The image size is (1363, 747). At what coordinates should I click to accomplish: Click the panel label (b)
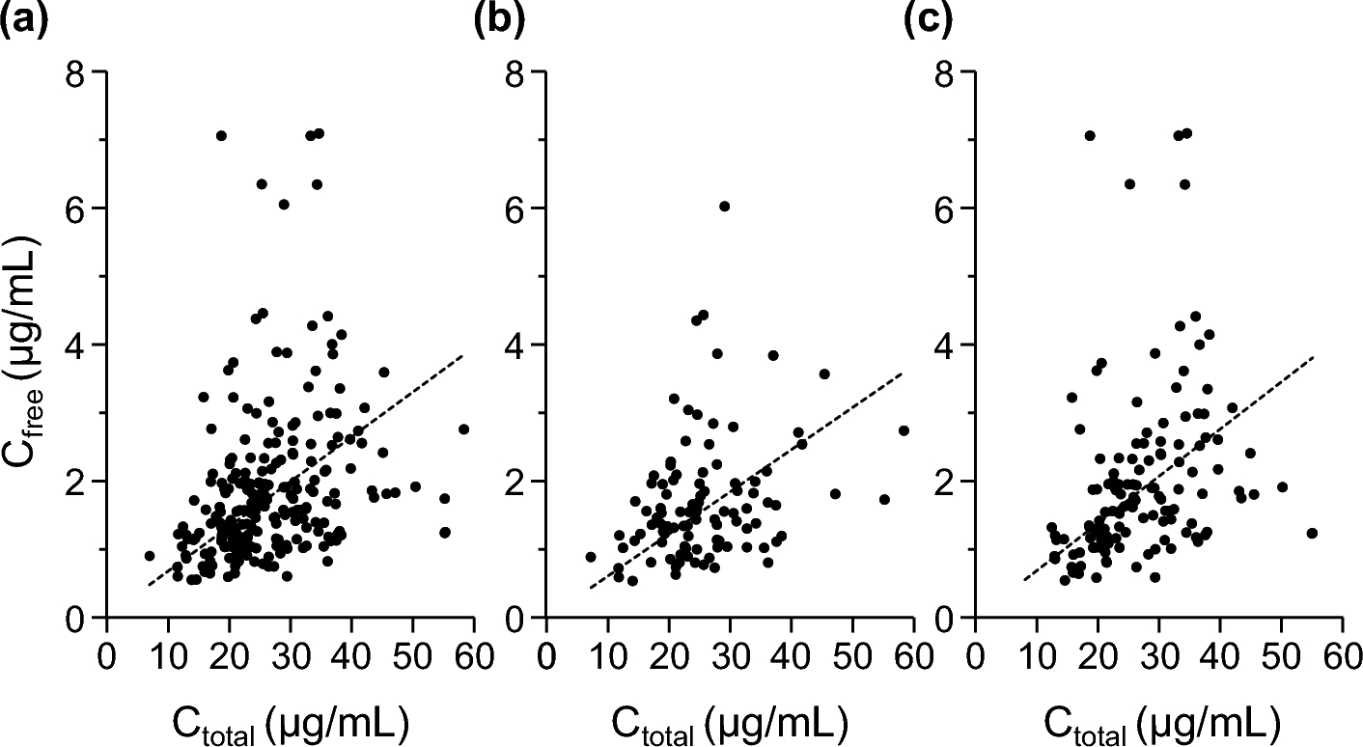[x=499, y=21]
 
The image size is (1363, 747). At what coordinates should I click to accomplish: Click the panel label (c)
[x=929, y=21]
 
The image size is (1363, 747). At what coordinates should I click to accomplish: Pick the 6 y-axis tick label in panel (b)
[x=518, y=208]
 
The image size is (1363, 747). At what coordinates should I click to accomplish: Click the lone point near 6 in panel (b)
[x=724, y=206]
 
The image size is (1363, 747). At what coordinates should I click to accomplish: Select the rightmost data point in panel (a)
[x=463, y=429]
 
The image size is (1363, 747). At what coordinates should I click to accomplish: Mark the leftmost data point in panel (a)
[x=150, y=556]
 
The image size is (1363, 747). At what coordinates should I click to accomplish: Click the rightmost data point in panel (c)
[x=1311, y=533]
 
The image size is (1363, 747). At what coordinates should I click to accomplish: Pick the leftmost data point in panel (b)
[x=590, y=557]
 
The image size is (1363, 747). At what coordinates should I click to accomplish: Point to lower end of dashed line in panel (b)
[x=590, y=587]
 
